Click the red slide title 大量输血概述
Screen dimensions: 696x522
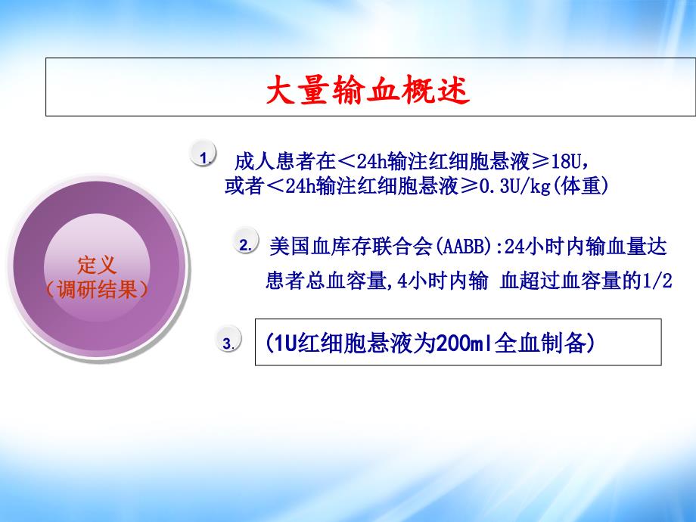pos(368,90)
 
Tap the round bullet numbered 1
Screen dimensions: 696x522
pos(204,154)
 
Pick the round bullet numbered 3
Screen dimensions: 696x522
pos(228,340)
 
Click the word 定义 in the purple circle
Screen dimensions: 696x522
pos(97,266)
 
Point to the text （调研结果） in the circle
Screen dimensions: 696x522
pos(97,290)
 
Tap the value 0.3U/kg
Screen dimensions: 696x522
pos(515,186)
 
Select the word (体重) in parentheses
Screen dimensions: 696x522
pos(580,186)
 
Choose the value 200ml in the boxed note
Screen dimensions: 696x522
pos(465,343)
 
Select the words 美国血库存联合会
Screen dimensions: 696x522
pos(351,247)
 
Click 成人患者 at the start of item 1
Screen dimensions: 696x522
pos(275,162)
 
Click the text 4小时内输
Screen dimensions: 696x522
pos(443,281)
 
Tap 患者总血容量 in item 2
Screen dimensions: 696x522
pos(326,281)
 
